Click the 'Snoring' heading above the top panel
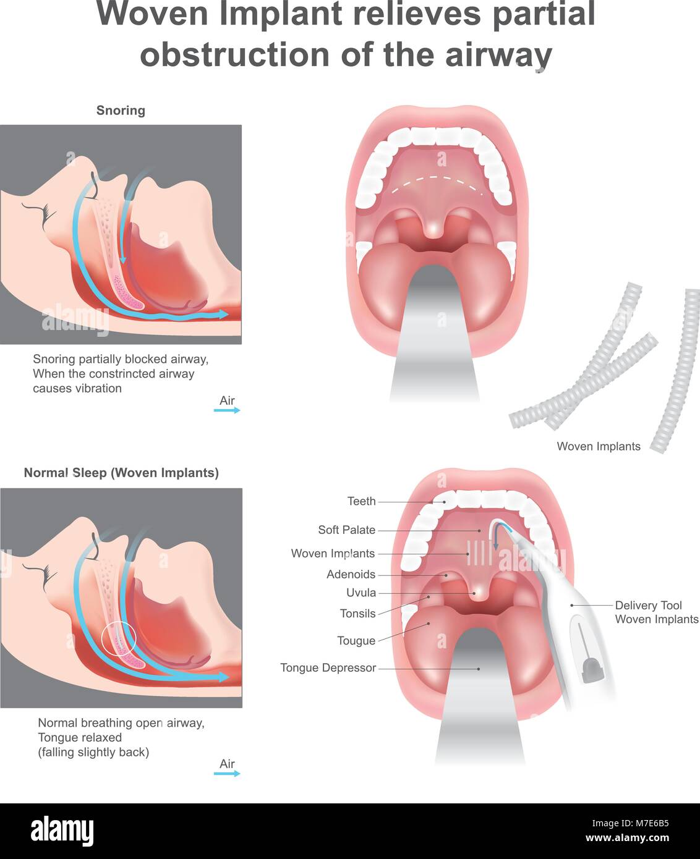pos(121,111)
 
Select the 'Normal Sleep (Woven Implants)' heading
pos(121,473)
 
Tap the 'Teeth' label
pos(362,501)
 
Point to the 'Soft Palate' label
pos(346,530)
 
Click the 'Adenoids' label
pos(351,574)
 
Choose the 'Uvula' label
pos(361,593)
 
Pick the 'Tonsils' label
pos(358,614)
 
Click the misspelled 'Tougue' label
pos(356,641)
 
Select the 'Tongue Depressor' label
pos(328,668)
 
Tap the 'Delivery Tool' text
pos(648,606)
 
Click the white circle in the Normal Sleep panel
pos(119,622)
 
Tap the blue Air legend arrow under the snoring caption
pos(227,410)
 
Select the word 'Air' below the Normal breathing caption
pos(227,763)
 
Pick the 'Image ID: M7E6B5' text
pos(630,823)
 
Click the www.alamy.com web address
pos(628,837)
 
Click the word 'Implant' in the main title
pos(280,14)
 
